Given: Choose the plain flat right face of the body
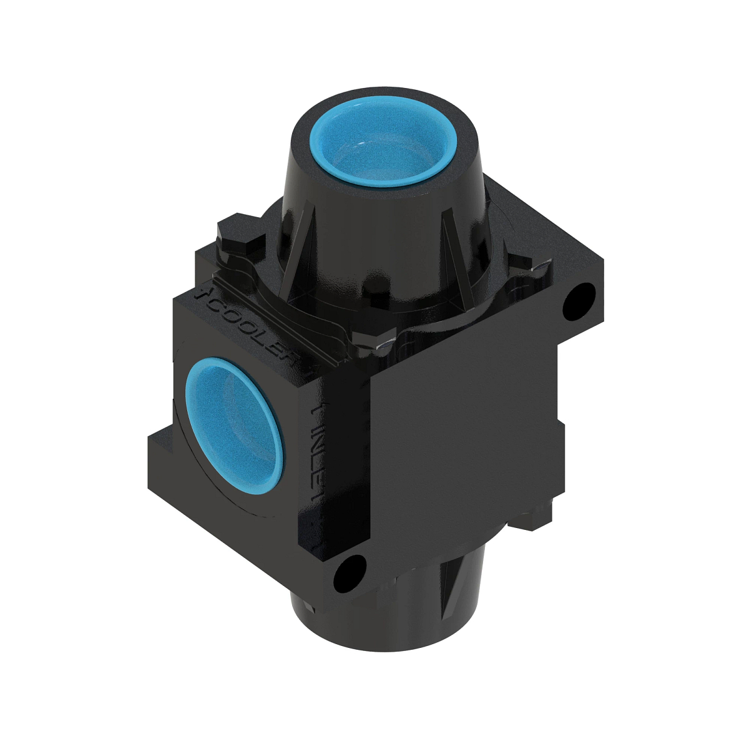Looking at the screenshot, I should tap(462, 437).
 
